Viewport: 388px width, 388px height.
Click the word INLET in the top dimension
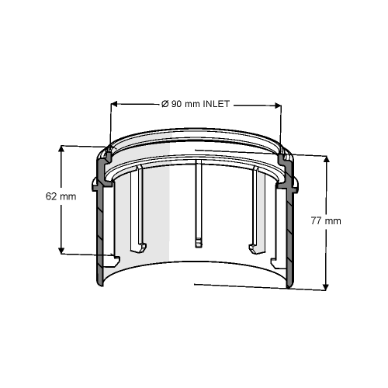coord(217,104)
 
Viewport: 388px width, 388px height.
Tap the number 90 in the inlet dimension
coord(176,104)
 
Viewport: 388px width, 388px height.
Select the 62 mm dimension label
coord(61,196)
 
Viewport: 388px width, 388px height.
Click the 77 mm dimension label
coord(326,220)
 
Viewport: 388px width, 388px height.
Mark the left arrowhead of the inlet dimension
coord(116,104)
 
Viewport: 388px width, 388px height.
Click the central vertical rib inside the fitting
coord(199,202)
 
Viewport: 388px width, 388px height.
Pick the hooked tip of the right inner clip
coord(252,249)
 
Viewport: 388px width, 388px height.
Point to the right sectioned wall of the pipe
coord(289,233)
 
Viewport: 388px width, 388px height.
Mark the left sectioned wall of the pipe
coord(98,233)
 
